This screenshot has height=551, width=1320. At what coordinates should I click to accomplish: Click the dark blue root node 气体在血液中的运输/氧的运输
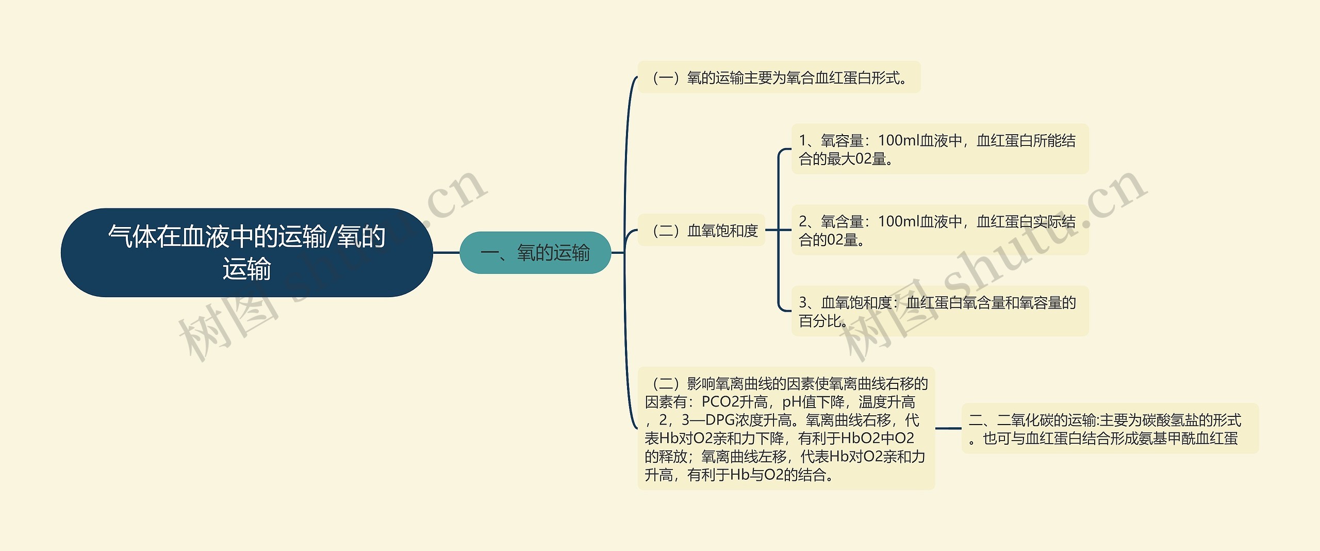coord(246,252)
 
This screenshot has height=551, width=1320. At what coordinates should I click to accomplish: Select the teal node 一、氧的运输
coord(535,253)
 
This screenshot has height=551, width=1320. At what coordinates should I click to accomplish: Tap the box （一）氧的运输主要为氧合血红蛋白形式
coord(779,78)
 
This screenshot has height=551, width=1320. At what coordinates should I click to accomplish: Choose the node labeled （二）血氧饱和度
coord(701,231)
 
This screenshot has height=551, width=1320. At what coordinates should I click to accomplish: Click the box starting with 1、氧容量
coord(939,149)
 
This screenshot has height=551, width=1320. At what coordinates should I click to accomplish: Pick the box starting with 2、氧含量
coord(939,230)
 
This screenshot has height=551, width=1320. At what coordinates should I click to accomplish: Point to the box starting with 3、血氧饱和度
coord(939,311)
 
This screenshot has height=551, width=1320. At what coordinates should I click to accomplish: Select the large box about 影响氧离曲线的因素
coord(786,429)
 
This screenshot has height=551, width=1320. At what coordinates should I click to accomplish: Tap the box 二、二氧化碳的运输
coord(1110,429)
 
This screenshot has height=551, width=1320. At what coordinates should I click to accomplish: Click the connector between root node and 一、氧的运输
coord(446,253)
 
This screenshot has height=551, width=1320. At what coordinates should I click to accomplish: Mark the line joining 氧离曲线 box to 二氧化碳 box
coord(948,428)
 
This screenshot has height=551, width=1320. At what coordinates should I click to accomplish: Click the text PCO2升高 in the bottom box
coord(734,402)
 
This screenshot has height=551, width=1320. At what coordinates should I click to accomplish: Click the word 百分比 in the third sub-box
coord(820,321)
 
